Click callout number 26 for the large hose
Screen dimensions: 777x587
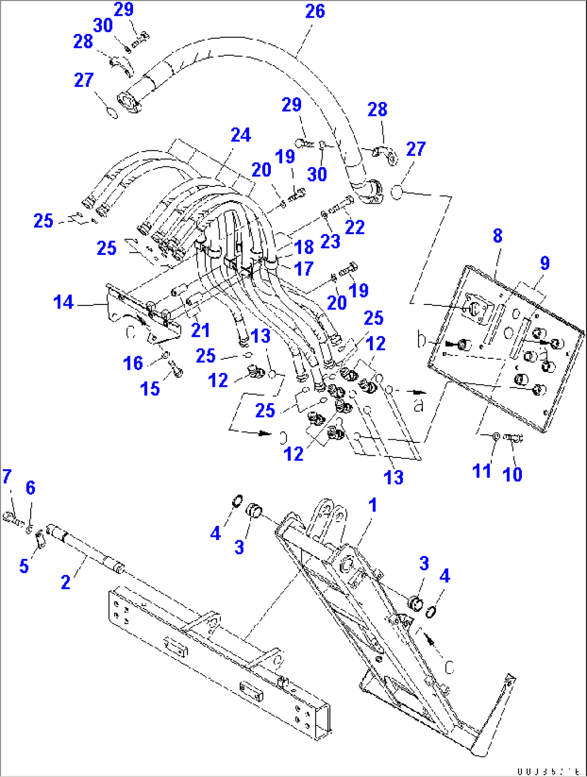click(x=315, y=11)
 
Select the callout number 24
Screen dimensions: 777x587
click(x=241, y=135)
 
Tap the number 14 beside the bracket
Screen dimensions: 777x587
click(x=64, y=302)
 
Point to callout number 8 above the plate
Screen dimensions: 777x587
click(x=498, y=235)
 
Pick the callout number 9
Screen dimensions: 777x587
click(x=544, y=263)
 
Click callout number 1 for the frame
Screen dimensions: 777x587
click(x=372, y=505)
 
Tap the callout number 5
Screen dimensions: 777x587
click(x=24, y=566)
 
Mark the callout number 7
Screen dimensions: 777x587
click(x=6, y=476)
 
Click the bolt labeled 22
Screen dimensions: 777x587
click(x=340, y=205)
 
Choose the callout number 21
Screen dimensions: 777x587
click(x=200, y=330)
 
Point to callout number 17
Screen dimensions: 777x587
click(x=304, y=268)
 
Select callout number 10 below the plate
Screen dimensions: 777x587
click(x=512, y=474)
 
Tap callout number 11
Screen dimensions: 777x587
click(x=481, y=471)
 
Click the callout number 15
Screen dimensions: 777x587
click(x=150, y=388)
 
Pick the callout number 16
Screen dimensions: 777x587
click(x=132, y=363)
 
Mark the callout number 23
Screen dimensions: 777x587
click(x=330, y=241)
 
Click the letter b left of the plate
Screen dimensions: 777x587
click(x=422, y=340)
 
